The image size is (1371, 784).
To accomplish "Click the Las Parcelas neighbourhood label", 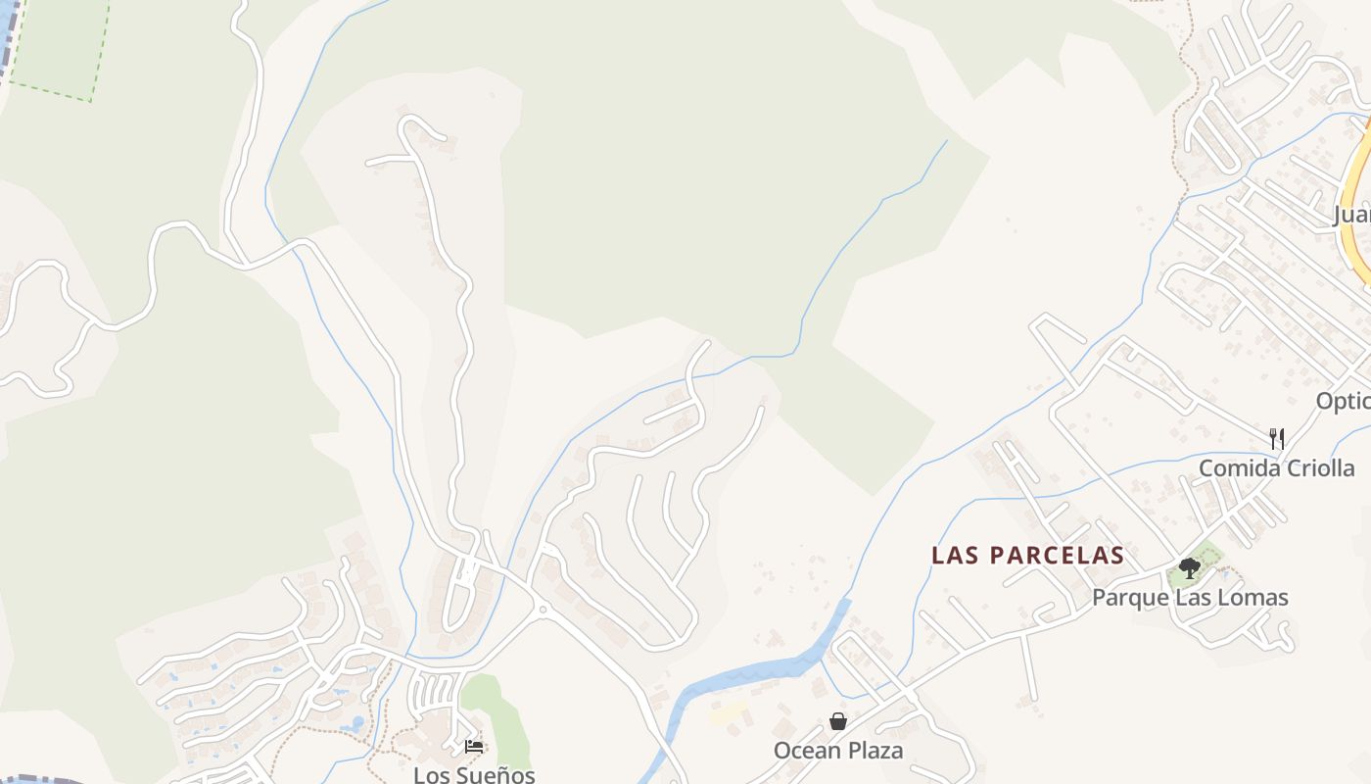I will click(x=1027, y=556).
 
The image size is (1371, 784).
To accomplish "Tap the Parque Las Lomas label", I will click(x=1190, y=597).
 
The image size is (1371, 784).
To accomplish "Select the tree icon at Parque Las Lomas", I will click(x=1190, y=568).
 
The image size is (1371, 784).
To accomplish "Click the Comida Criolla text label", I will click(x=1276, y=467).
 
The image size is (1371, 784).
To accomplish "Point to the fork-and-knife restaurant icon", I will click(x=1276, y=438).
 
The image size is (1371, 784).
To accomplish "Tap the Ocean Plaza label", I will click(x=838, y=751).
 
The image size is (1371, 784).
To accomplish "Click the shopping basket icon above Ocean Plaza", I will click(x=838, y=722).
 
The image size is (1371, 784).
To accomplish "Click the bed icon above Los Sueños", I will click(x=474, y=747).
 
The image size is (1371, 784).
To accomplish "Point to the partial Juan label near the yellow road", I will click(x=1352, y=215).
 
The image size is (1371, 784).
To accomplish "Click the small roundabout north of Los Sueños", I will click(x=542, y=609).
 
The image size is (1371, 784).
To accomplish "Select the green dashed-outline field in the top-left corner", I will click(x=59, y=44).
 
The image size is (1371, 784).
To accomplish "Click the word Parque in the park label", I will click(x=1131, y=597).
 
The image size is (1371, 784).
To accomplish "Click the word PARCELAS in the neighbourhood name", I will click(x=1058, y=556).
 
